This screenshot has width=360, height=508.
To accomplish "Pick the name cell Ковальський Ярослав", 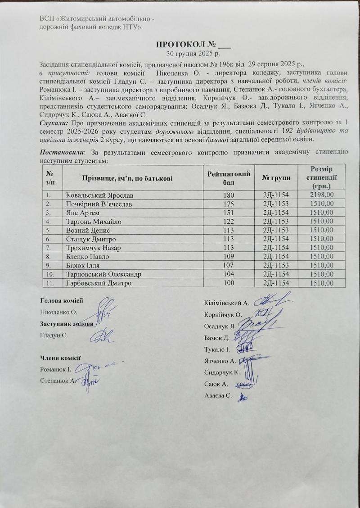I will click(x=99, y=195).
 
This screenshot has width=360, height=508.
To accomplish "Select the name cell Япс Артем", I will click(x=81, y=213).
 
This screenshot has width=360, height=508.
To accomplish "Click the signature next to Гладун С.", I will click(x=103, y=335).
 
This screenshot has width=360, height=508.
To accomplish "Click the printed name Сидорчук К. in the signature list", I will click(x=221, y=372).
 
